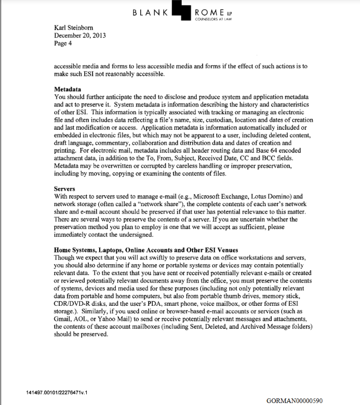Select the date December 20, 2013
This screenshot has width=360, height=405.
tap(84, 35)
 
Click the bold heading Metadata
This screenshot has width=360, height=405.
tap(71, 89)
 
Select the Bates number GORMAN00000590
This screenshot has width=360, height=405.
tap(294, 400)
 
